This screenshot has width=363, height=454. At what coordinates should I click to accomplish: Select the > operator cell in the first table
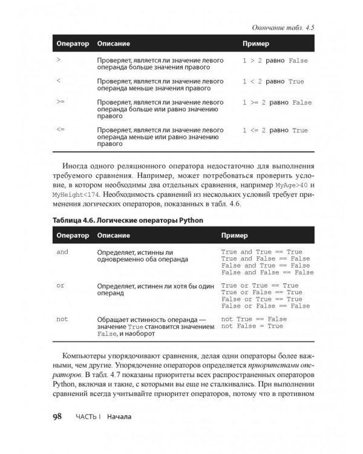tap(58, 61)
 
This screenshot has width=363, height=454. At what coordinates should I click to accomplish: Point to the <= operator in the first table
tap(59, 130)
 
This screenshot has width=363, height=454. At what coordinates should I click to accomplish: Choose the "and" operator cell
tap(62, 251)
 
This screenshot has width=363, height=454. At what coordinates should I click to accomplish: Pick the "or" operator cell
tap(60, 285)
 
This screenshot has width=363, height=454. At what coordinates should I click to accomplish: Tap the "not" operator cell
tap(62, 318)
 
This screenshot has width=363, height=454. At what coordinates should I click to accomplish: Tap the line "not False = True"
tap(252, 326)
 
